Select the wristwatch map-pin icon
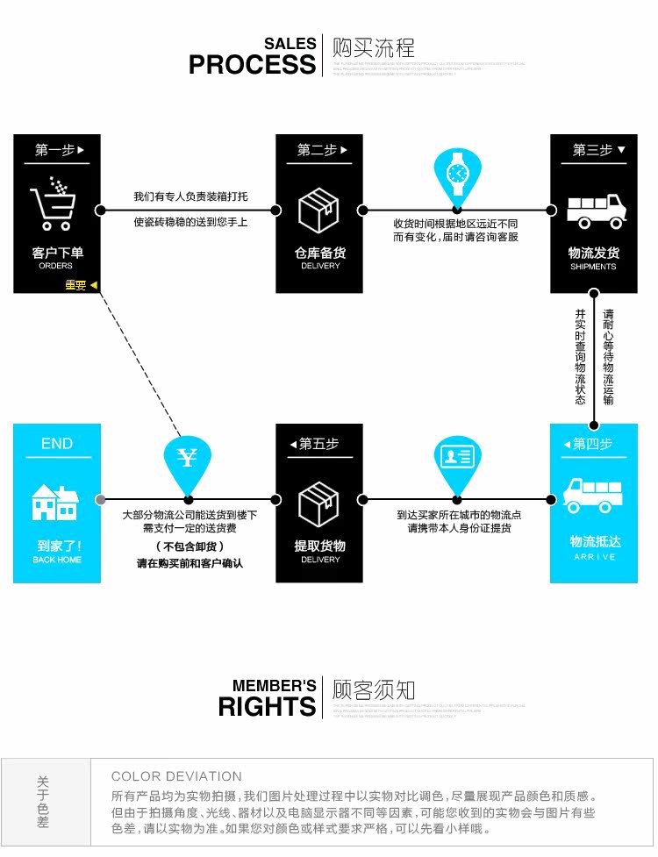click(x=456, y=174)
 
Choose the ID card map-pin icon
click(x=457, y=458)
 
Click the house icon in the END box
click(x=55, y=502)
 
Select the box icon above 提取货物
click(x=318, y=504)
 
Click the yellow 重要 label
click(x=75, y=285)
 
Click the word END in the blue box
click(x=57, y=444)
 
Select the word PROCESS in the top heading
click(x=252, y=64)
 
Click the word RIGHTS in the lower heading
click(x=267, y=706)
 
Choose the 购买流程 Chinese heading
click(x=373, y=47)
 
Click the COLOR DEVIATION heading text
click(x=176, y=776)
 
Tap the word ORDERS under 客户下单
click(x=56, y=266)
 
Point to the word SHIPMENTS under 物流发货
click(x=593, y=267)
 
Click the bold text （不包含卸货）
click(x=190, y=546)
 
